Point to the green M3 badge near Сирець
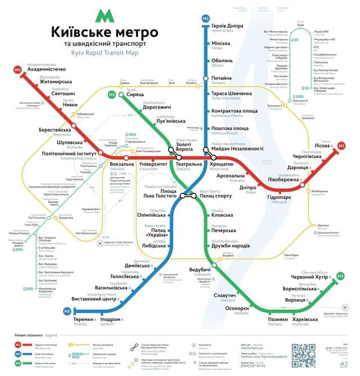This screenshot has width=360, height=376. coord(112,94)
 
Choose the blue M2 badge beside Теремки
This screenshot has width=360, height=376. coord(66,311)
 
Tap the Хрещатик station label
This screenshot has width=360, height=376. coord(224,164)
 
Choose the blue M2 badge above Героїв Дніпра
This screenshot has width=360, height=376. coord(205,19)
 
